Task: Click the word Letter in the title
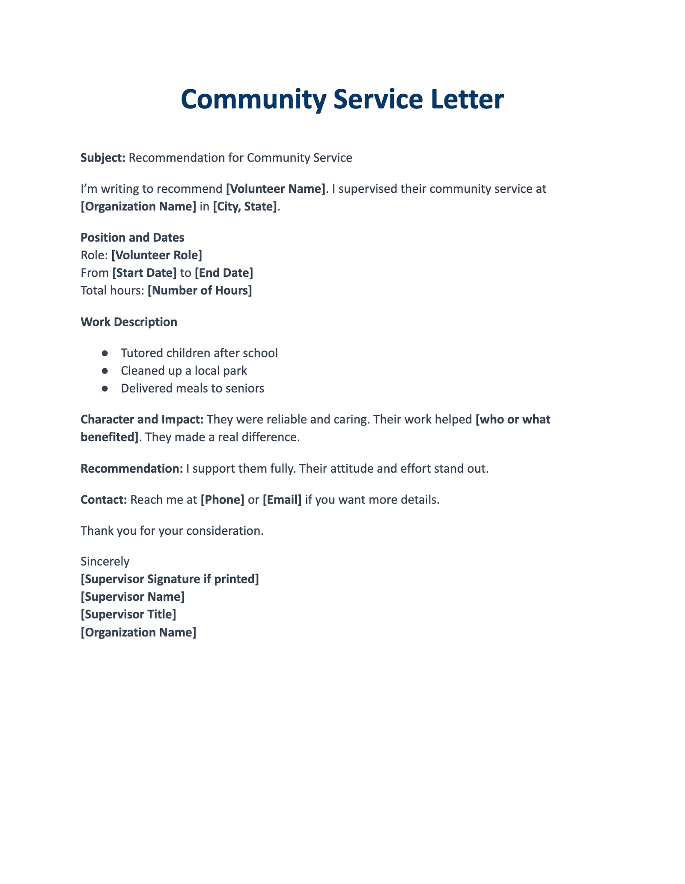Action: point(467,100)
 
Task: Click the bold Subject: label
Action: point(103,158)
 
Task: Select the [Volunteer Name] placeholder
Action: point(275,189)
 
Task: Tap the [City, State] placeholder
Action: point(245,207)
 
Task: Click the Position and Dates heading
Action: point(132,237)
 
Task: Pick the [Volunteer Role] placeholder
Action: point(156,255)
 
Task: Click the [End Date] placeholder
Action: point(223,273)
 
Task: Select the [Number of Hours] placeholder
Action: point(200,291)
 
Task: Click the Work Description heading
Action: point(128,322)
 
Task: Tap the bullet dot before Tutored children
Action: point(104,353)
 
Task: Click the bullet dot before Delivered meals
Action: point(104,389)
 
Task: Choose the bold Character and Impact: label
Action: point(142,420)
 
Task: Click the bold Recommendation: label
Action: point(132,469)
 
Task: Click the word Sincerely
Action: point(104,561)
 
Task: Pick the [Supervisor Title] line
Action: point(128,614)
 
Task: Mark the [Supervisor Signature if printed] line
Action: point(170,579)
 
